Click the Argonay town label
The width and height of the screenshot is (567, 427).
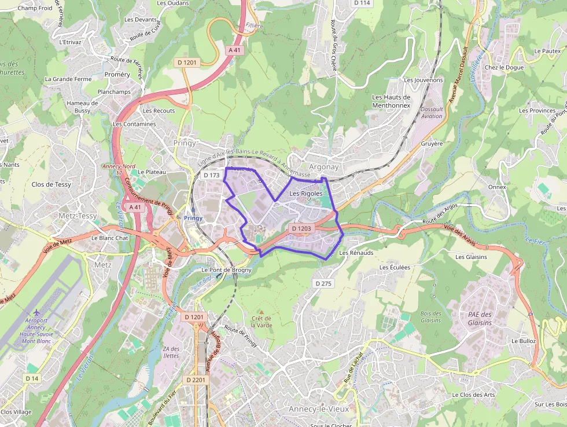[323, 167]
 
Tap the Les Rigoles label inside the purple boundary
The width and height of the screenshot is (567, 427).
[305, 194]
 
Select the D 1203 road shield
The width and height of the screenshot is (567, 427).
[301, 229]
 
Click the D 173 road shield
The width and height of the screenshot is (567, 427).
[212, 175]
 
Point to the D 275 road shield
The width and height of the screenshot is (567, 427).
[323, 283]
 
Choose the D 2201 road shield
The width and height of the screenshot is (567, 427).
[196, 380]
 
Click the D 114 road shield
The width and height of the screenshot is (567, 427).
[362, 3]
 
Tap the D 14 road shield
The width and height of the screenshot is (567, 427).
[32, 378]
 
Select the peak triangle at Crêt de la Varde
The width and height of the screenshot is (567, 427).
[261, 312]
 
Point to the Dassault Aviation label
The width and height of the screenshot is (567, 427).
[432, 112]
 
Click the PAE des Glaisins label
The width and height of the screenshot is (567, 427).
[480, 319]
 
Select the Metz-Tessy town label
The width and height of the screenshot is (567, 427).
[78, 216]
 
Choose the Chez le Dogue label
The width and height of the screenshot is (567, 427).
[504, 67]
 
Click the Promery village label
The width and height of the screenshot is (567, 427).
[117, 75]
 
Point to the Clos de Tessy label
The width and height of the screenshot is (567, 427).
[51, 185]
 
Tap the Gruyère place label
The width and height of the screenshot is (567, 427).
[432, 143]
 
